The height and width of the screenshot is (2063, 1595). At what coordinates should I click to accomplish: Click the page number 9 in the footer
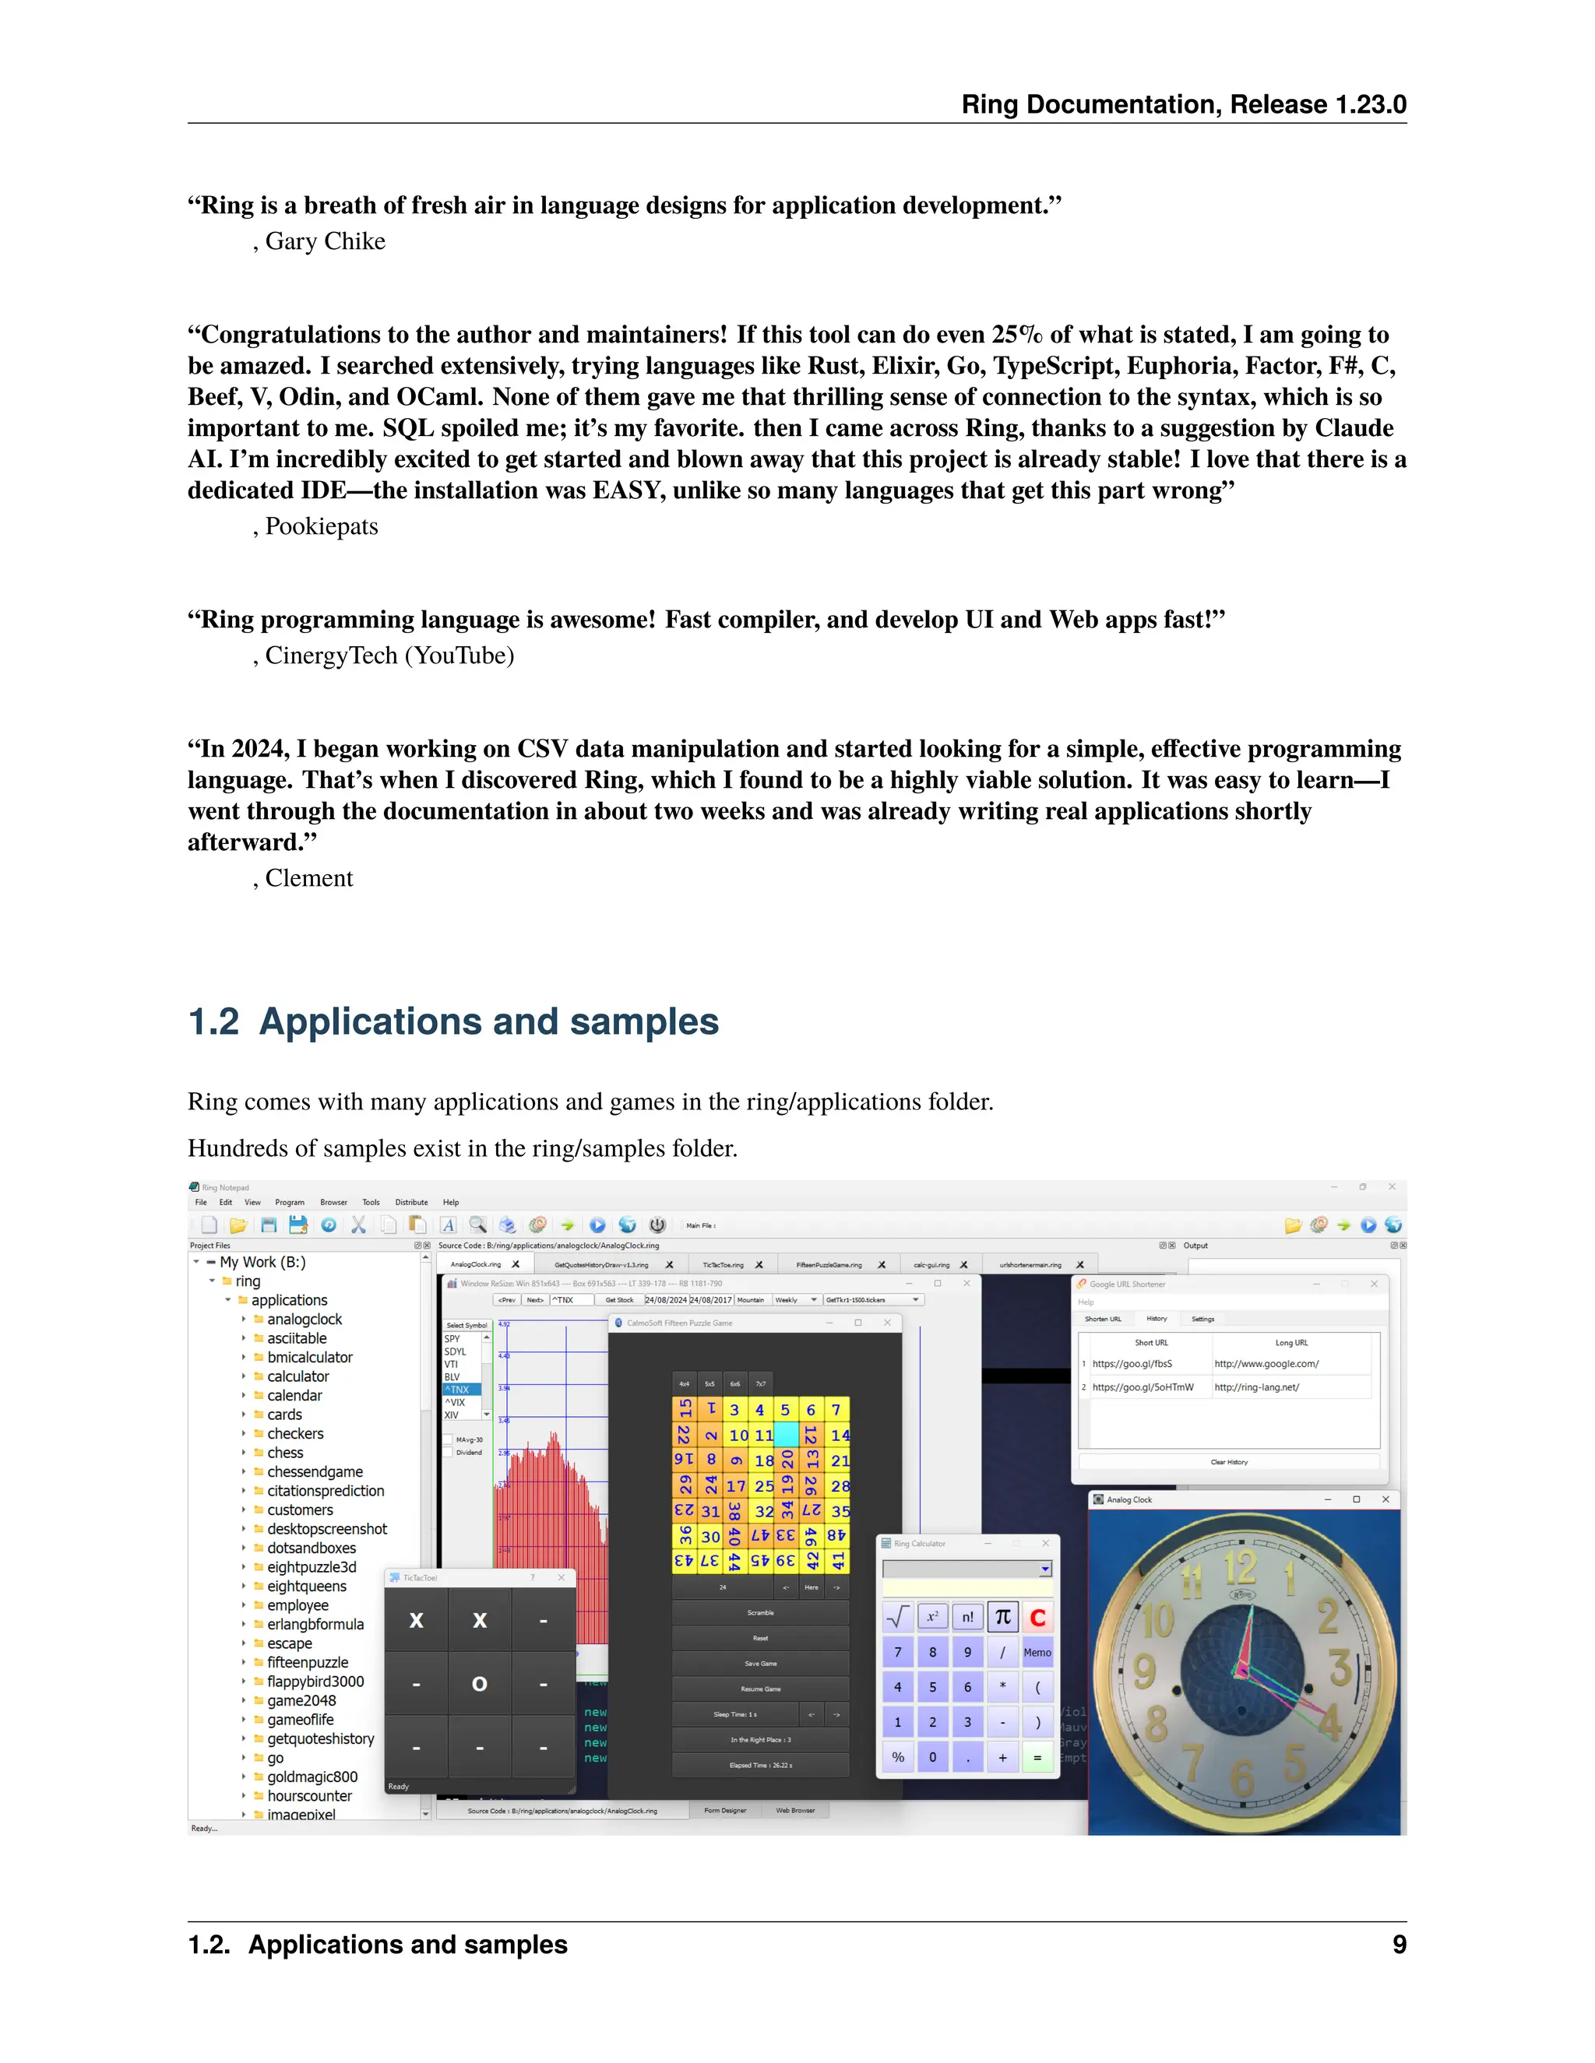pos(1399,1945)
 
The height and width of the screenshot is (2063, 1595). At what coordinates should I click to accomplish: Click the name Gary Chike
pos(325,242)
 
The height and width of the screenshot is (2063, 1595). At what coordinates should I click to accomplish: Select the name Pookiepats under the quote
pos(322,527)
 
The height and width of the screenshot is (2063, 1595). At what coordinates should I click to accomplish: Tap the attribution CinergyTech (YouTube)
pos(389,656)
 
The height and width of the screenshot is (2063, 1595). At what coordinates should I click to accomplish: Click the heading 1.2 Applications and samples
pos(453,1022)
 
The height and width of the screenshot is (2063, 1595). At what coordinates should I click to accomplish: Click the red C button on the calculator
pos(1037,1617)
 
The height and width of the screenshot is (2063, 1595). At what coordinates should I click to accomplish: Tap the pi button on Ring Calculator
pos(1002,1617)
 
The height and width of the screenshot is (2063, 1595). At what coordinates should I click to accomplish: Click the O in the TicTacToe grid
pos(479,1683)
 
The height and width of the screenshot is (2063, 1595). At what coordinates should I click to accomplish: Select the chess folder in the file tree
pos(284,1453)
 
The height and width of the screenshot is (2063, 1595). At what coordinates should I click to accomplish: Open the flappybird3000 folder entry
pos(315,1682)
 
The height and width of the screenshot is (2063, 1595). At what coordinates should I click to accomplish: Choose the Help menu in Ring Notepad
pos(451,1203)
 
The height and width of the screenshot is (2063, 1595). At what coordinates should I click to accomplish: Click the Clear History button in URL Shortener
pos(1228,1462)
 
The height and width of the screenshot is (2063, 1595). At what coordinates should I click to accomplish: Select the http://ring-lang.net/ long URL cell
pos(1257,1387)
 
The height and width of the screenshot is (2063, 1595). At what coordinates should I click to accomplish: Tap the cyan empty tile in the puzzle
pos(785,1435)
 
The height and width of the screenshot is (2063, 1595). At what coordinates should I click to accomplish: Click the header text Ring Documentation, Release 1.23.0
pos(1183,105)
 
